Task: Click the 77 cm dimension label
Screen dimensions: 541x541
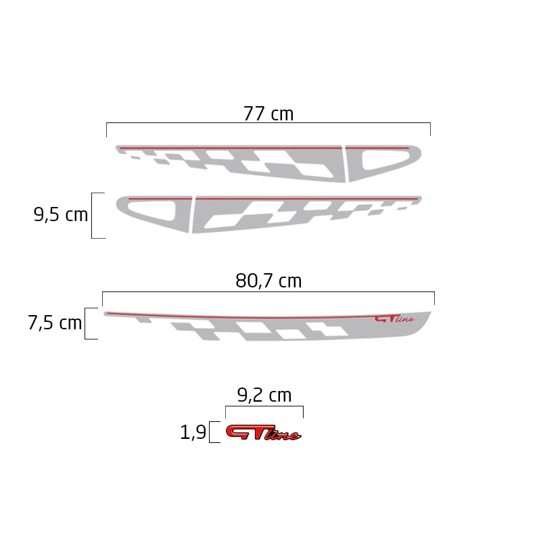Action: pos(268,114)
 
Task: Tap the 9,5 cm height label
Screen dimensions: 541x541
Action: pos(61,214)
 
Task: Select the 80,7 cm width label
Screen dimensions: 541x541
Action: pos(268,281)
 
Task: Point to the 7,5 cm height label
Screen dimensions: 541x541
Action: pos(55,323)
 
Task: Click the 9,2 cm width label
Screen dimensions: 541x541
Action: pos(264,395)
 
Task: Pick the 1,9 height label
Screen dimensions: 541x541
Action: pos(193,432)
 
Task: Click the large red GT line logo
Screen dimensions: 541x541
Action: pos(263,432)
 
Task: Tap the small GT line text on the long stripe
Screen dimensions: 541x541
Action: pos(394,319)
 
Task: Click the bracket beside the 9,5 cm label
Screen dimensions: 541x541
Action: pos(92,216)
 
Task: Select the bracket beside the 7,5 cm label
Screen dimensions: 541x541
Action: pos(85,324)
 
